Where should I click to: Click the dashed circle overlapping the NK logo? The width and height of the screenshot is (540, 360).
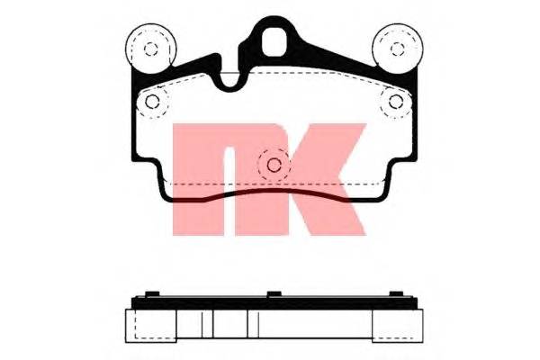click(x=272, y=163)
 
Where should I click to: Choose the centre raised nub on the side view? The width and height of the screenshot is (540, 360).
click(x=270, y=292)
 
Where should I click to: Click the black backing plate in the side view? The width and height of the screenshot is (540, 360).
click(x=270, y=301)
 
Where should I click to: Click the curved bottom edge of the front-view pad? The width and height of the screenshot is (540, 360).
click(x=270, y=191)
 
